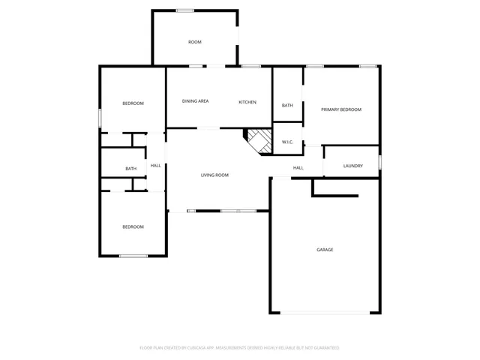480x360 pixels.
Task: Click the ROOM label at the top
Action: click(x=195, y=42)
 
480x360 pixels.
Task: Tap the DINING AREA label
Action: click(x=196, y=101)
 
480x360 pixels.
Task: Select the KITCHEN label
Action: click(x=247, y=102)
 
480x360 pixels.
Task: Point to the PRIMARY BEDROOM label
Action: click(x=341, y=109)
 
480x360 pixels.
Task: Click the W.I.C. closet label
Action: click(x=287, y=142)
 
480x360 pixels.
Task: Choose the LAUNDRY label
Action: click(x=353, y=166)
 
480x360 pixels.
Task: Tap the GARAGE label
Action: click(x=325, y=250)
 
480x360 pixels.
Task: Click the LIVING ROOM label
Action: click(x=214, y=175)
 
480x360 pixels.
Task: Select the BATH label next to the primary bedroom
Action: click(x=287, y=106)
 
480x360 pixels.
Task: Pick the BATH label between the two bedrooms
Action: click(x=131, y=169)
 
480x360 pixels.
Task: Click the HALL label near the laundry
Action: click(x=298, y=168)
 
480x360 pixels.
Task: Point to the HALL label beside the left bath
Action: click(x=155, y=166)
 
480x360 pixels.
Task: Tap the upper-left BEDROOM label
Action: click(x=133, y=103)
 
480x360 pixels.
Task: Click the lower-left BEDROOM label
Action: click(x=133, y=226)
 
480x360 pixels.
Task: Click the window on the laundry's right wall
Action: click(x=379, y=162)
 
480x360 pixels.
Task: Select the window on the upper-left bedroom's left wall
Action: click(x=100, y=118)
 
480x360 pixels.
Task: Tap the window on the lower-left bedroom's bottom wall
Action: click(x=133, y=256)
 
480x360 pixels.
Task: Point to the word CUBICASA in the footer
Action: click(x=196, y=348)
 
